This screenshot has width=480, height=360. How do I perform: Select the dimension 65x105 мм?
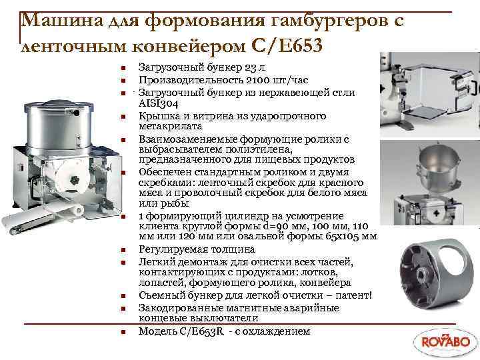[343, 237]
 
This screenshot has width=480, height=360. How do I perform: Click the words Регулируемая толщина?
[186, 249]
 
